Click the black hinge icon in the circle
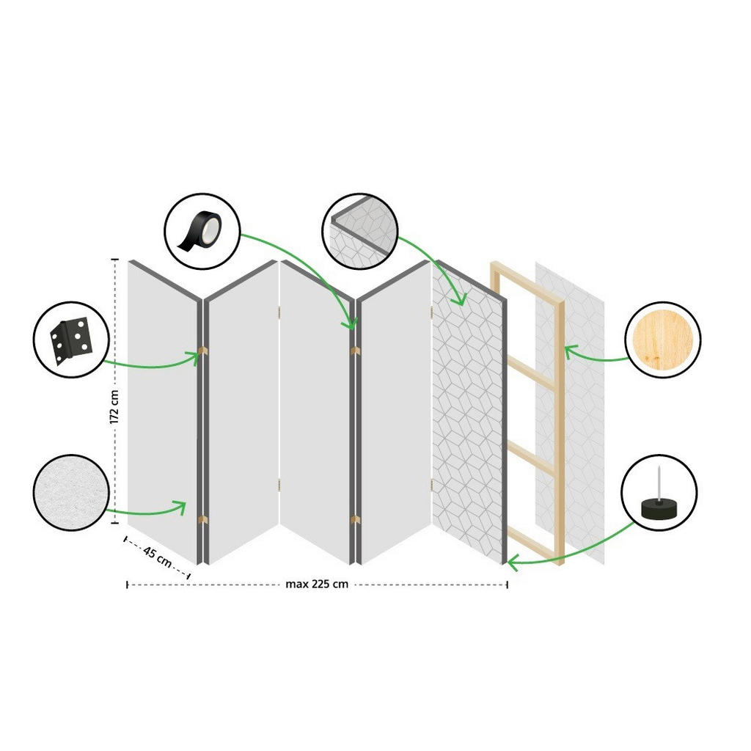[x=71, y=340]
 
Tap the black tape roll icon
[x=200, y=231]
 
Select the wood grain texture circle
[x=662, y=340]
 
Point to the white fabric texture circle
[x=71, y=492]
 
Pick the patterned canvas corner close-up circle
[x=360, y=231]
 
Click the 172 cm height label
[x=114, y=406]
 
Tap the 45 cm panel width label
[x=158, y=557]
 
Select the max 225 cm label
[x=317, y=585]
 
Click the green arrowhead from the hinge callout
[x=194, y=356]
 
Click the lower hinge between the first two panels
[x=202, y=520]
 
